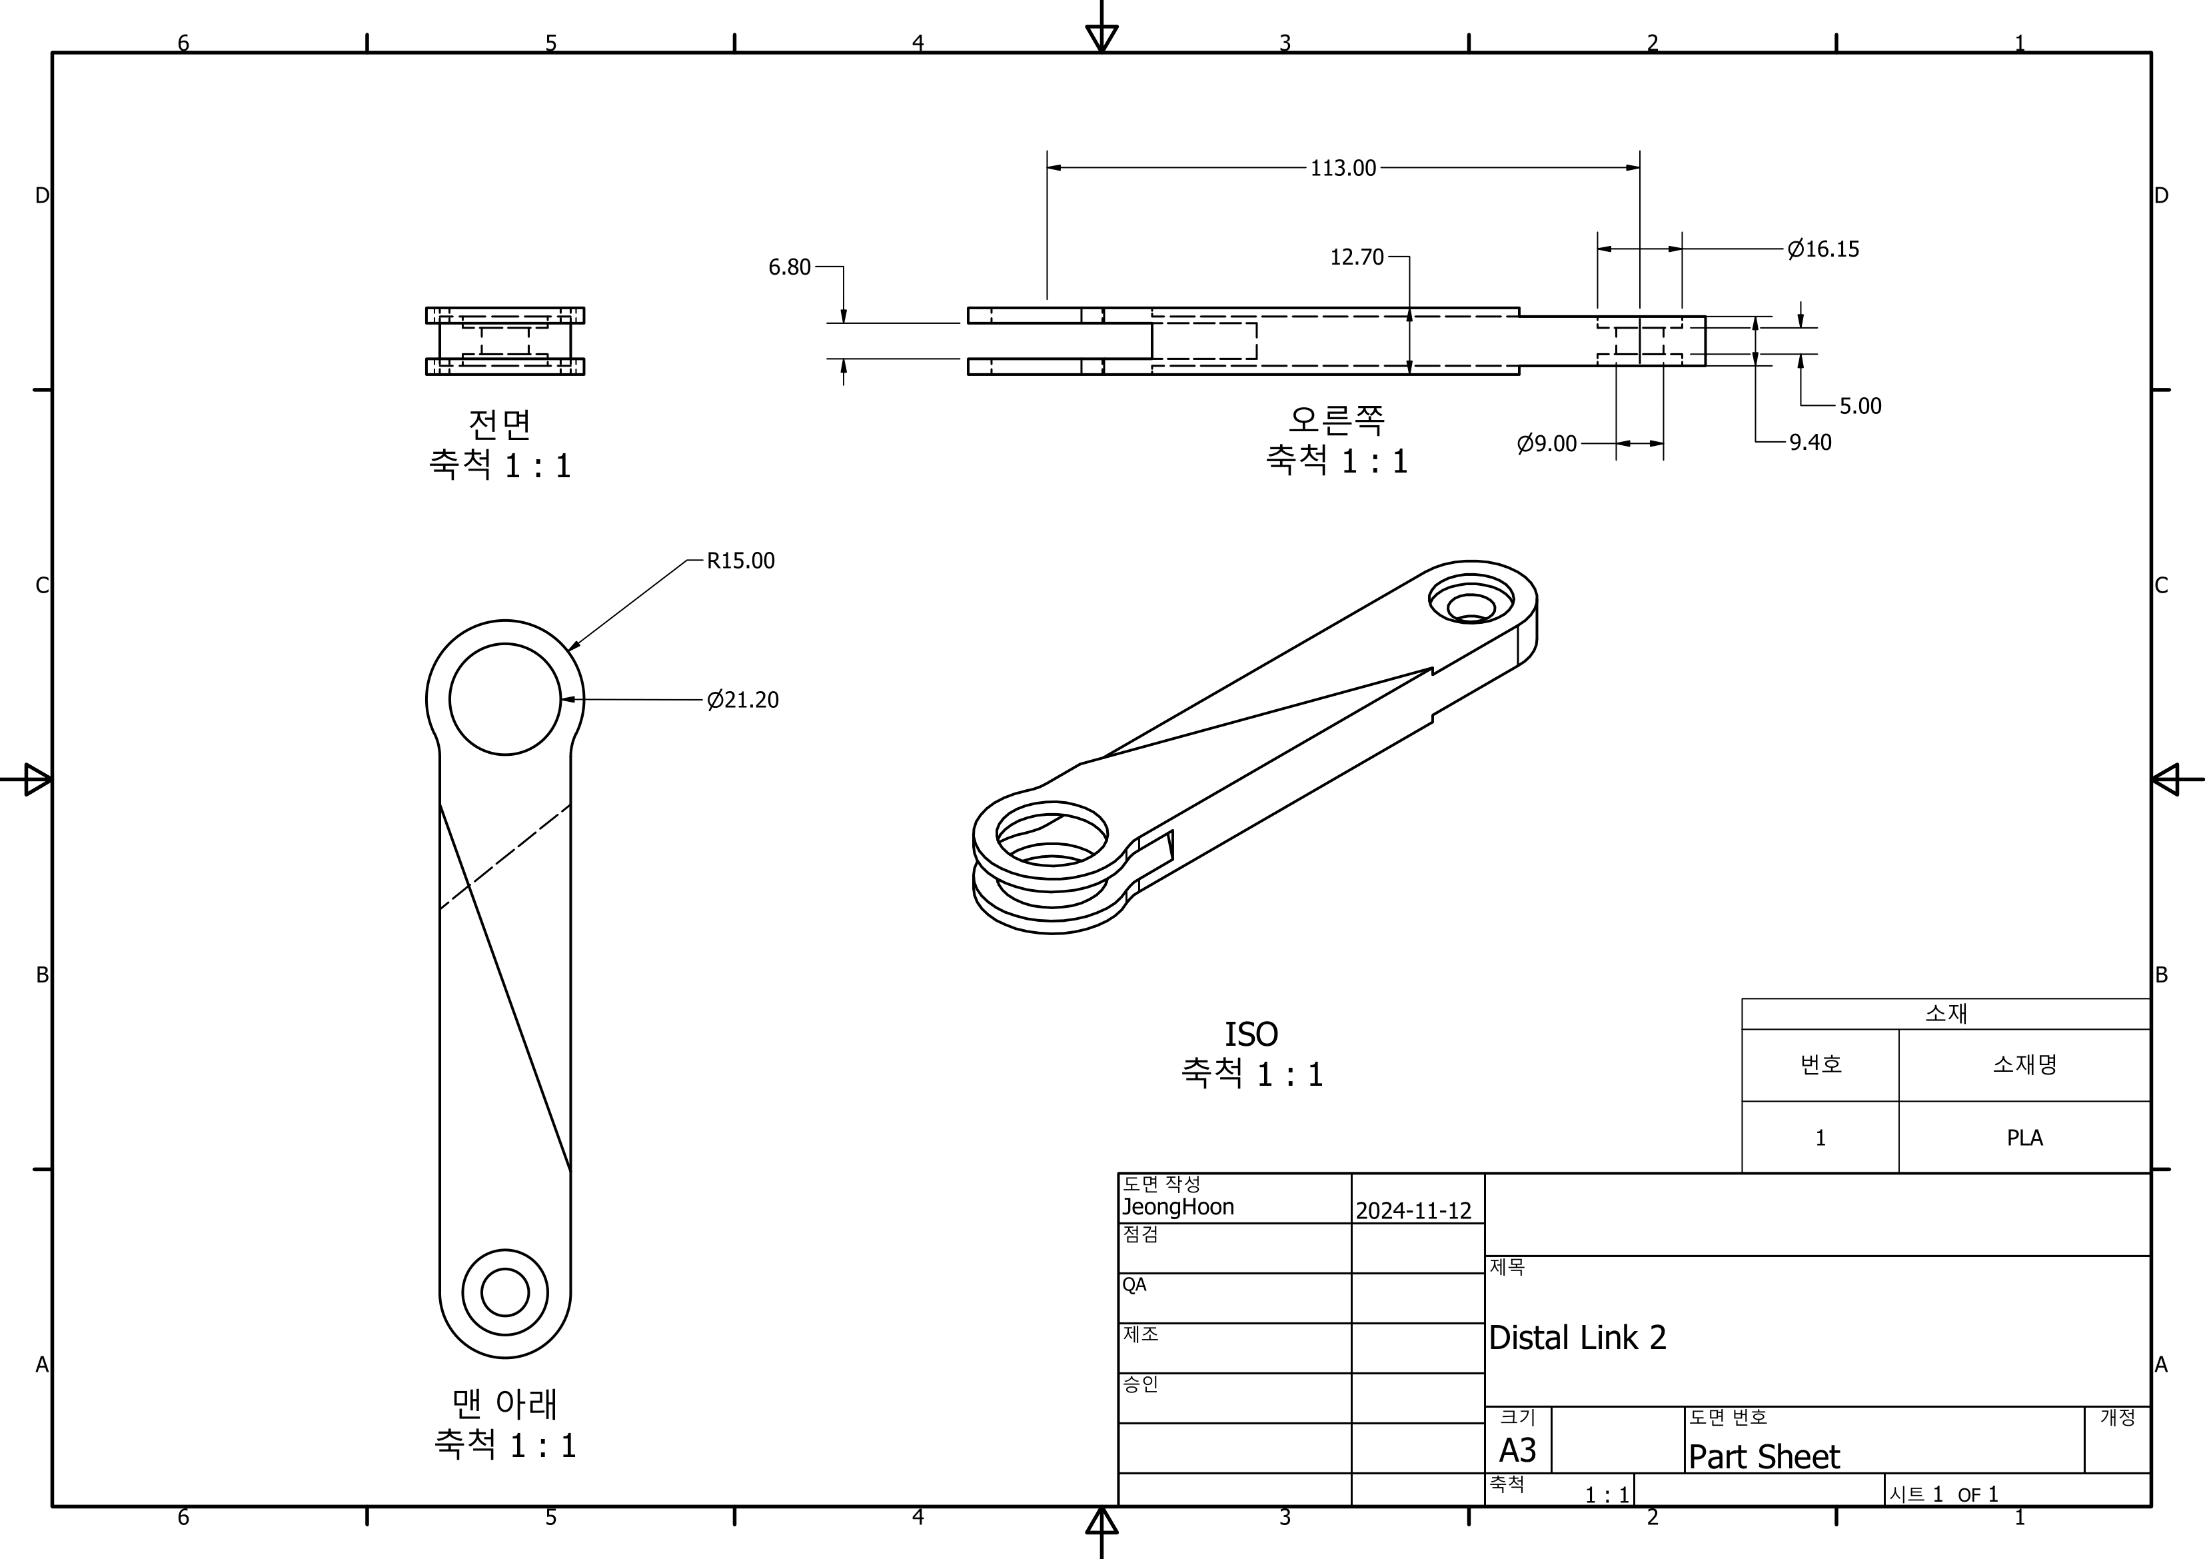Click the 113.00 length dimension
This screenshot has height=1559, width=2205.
point(1343,168)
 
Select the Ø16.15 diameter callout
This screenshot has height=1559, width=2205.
point(1823,250)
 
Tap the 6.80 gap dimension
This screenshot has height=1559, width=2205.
point(790,267)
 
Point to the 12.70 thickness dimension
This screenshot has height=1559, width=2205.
point(1356,257)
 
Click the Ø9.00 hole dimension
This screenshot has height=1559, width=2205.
point(1546,444)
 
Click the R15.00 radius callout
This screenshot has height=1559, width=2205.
point(740,561)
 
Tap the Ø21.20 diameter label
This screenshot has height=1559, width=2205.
point(742,701)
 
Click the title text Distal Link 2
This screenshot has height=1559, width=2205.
point(1577,1337)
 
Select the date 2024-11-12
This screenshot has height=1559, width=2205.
point(1413,1211)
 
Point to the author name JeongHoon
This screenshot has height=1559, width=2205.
point(1177,1208)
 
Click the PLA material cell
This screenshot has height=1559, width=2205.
point(2024,1137)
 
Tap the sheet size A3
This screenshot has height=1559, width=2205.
point(1517,1450)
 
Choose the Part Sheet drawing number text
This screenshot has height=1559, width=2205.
point(1763,1457)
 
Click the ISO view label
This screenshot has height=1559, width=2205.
point(1250,1034)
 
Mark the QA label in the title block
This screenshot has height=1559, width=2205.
point(1134,1285)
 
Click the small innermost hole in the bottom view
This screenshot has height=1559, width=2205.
point(505,1292)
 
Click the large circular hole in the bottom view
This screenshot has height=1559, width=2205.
point(505,699)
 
